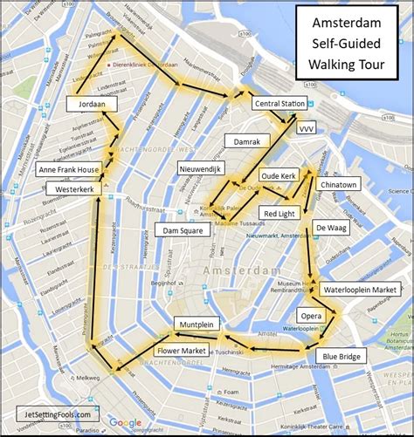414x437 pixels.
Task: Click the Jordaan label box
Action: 91,104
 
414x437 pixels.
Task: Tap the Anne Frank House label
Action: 68,170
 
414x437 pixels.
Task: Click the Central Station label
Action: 279,104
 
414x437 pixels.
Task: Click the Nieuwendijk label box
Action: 202,166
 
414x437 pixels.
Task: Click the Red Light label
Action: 279,212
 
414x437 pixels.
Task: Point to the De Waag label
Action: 328,228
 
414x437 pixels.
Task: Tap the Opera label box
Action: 311,314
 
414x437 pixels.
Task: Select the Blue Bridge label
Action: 341,356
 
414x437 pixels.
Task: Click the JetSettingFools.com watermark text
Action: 53,414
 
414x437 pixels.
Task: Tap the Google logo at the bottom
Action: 125,422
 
